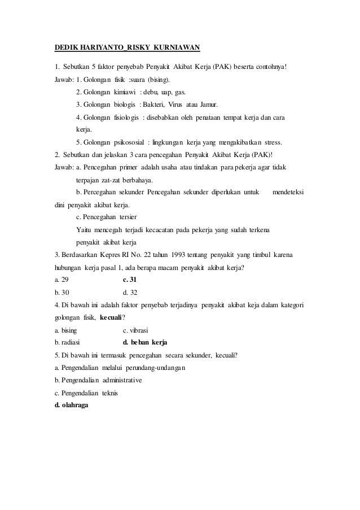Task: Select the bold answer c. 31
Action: coord(129,280)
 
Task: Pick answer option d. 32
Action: coord(129,293)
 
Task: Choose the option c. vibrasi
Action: coord(135,330)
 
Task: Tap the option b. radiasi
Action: coord(67,343)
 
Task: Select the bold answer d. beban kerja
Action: coord(144,343)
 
